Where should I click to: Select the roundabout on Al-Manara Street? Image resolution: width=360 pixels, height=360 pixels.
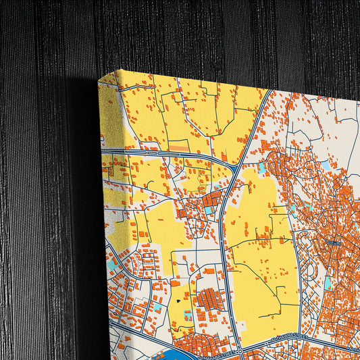[240, 351]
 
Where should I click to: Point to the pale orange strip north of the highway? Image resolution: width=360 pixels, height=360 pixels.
[178, 147]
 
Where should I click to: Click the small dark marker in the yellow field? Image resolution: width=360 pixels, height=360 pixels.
[178, 301]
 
